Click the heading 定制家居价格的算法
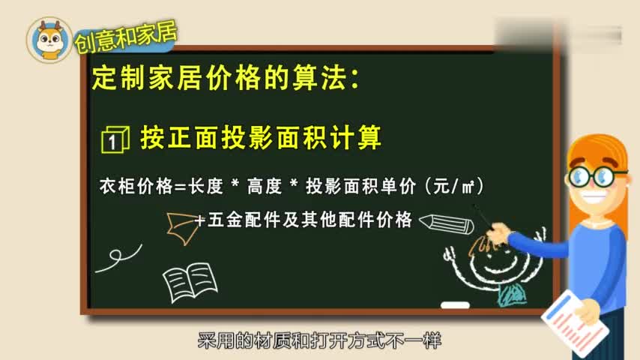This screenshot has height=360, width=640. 225,78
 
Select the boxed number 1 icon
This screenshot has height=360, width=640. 115,139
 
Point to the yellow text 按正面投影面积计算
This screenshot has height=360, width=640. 261,137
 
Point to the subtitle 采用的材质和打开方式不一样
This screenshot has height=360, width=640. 319,341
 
